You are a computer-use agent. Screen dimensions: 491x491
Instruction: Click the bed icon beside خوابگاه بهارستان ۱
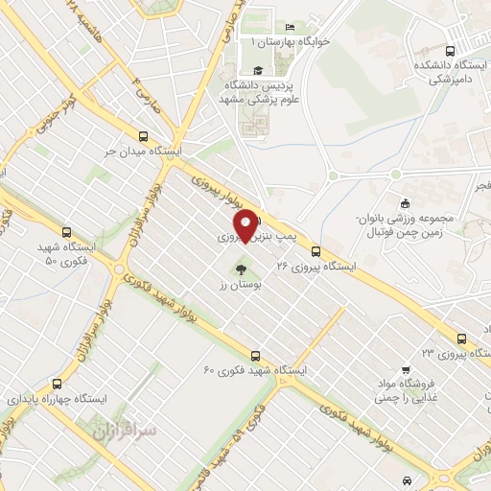[x=291, y=26]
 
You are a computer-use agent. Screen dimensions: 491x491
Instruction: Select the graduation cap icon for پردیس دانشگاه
[x=257, y=70]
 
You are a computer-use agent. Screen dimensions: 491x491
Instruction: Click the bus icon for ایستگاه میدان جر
[x=143, y=136]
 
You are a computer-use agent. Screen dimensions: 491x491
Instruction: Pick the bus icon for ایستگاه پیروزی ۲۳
[x=462, y=338]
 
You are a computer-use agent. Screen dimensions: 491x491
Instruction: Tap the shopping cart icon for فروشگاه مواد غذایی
[x=406, y=370]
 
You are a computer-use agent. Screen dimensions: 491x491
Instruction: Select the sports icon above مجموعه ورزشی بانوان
[x=406, y=202]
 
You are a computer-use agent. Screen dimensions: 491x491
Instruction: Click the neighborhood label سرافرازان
[x=125, y=432]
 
